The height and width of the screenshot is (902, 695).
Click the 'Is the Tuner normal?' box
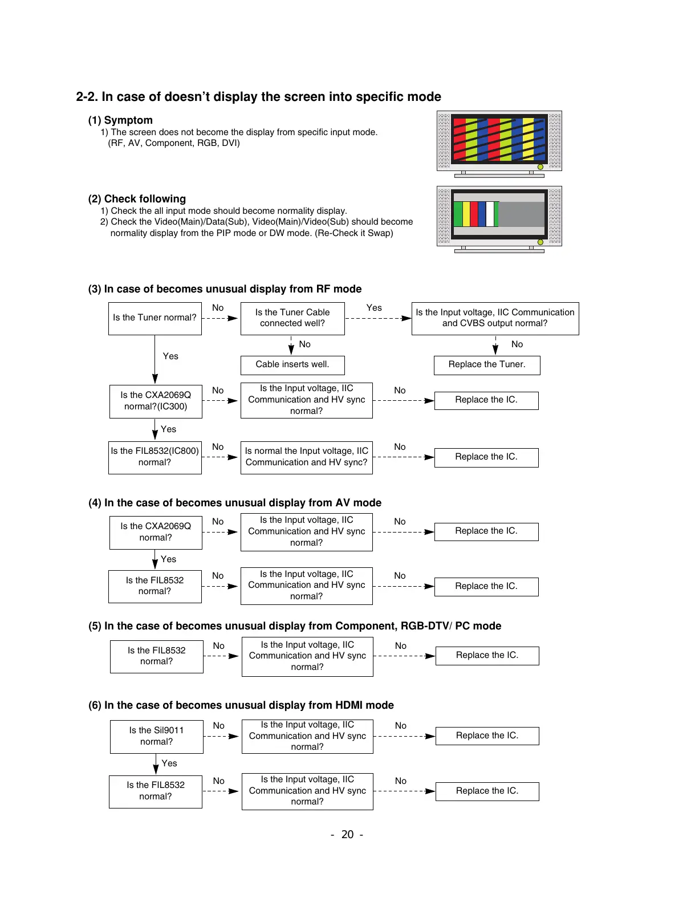point(155,318)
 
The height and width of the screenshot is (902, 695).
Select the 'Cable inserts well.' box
point(292,365)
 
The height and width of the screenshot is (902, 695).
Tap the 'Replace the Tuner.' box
point(486,365)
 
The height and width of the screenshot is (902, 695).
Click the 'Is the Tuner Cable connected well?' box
point(292,318)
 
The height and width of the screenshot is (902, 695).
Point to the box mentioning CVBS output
point(495,318)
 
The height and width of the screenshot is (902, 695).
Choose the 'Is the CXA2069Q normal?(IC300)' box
point(156,401)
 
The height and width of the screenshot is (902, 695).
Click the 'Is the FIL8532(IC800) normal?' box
point(155,457)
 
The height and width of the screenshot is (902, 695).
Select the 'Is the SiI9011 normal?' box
point(156,736)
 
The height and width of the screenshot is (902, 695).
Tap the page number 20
point(347,835)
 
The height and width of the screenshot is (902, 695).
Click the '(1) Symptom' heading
point(120,120)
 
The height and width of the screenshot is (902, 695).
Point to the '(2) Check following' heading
point(137,199)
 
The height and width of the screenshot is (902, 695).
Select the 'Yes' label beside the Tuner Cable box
point(374,308)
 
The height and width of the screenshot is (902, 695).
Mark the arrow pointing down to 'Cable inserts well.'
point(291,346)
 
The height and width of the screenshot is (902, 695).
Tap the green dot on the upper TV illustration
point(540,167)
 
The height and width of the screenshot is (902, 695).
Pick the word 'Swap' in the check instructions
point(380,233)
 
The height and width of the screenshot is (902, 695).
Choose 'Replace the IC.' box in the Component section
point(487,656)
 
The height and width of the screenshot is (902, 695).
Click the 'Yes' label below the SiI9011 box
point(169,763)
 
